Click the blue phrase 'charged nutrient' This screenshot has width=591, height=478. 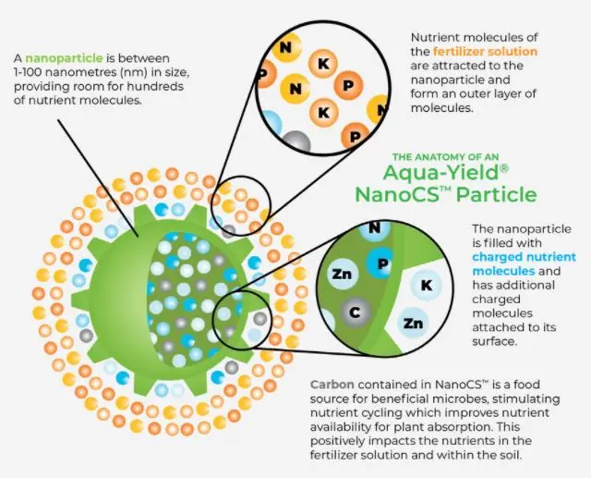click(x=516, y=257)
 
